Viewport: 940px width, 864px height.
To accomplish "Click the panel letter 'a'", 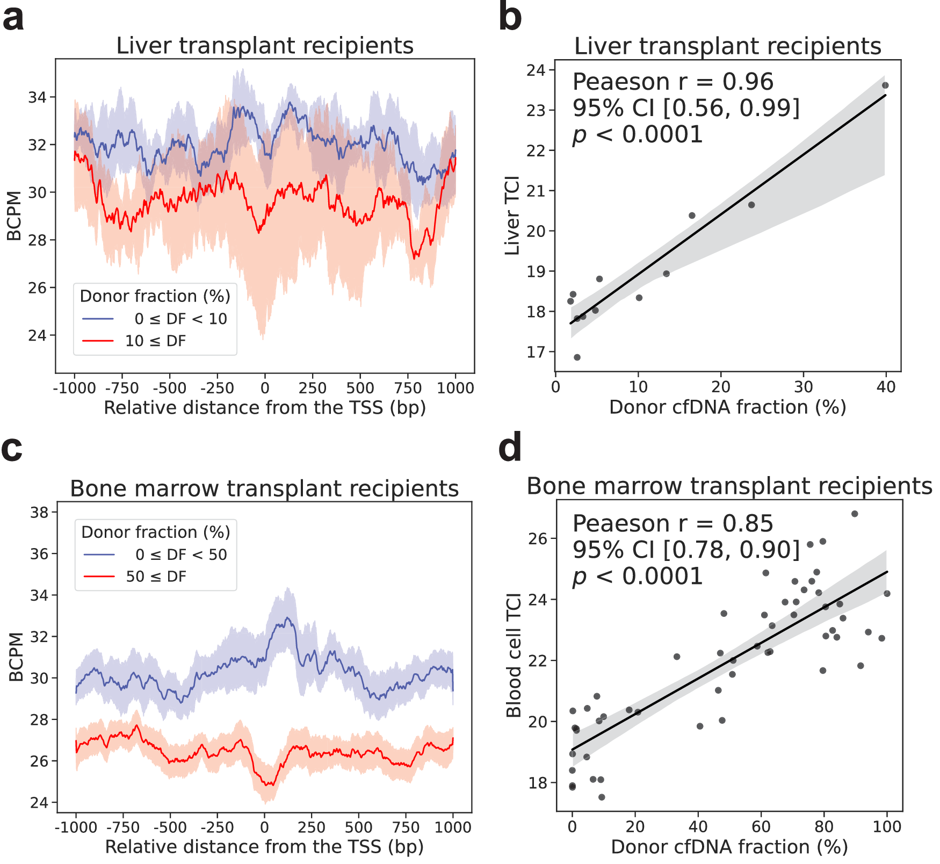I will click(13, 19).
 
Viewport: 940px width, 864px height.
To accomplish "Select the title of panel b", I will click(727, 46).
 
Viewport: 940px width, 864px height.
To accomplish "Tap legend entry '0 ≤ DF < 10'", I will click(180, 319).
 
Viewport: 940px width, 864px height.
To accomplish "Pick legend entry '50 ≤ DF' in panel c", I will click(156, 577).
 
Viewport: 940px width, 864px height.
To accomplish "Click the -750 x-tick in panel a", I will click(122, 388).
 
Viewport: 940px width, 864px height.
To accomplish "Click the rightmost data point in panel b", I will click(885, 85).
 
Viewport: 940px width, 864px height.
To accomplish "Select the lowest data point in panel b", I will click(577, 357).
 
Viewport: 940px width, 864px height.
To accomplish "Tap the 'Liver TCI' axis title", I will click(512, 215).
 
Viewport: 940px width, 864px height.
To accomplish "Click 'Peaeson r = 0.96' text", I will click(673, 82).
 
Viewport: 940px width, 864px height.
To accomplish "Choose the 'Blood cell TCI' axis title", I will click(514, 655).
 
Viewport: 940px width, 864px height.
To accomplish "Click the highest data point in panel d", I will click(855, 514).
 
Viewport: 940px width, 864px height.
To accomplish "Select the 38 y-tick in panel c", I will click(39, 512).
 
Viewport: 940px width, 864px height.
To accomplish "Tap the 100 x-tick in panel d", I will click(887, 826).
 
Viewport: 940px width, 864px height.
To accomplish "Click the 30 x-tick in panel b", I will click(804, 387).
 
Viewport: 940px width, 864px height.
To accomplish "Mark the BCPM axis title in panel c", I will click(16, 657).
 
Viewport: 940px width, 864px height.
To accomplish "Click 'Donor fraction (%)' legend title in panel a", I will click(155, 296).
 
